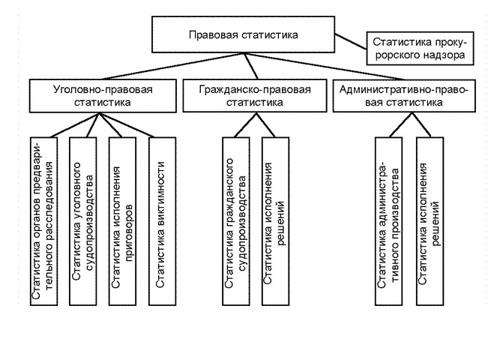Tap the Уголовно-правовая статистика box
(103, 96)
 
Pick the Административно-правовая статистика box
(404, 96)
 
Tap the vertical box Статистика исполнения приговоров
(122, 220)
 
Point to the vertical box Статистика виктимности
(160, 220)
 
